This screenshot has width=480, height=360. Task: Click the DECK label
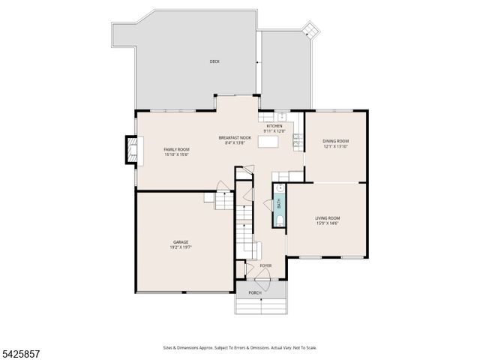click(x=214, y=61)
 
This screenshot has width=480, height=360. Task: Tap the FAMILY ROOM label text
click(x=177, y=149)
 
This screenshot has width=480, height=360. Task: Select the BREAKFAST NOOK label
click(x=235, y=137)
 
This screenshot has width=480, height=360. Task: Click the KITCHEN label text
click(x=274, y=126)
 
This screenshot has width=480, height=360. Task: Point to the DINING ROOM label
click(x=335, y=141)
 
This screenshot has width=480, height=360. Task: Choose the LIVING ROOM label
click(x=327, y=217)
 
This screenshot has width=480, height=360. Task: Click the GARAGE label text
click(x=181, y=241)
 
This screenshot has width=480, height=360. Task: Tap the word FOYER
click(x=265, y=265)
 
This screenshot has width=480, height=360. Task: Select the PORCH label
click(x=255, y=292)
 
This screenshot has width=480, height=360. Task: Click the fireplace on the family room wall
click(x=133, y=150)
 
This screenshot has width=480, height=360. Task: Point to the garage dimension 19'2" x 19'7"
click(x=181, y=247)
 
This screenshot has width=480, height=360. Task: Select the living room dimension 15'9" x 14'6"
click(x=327, y=223)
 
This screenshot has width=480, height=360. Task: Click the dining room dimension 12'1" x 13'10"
click(x=335, y=146)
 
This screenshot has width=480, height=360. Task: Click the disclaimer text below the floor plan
click(x=239, y=347)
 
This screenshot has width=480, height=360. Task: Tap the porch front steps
click(x=261, y=306)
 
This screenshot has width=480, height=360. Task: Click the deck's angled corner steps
click(x=309, y=30)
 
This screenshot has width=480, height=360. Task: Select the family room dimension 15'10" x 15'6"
click(x=177, y=154)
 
